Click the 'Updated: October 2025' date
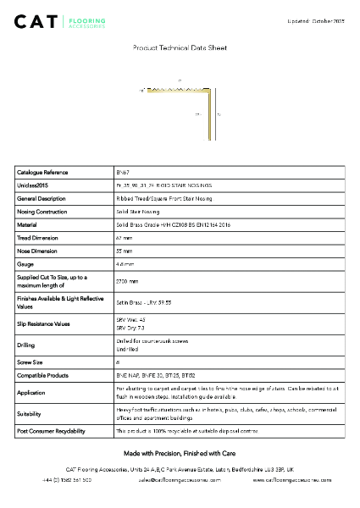tap(314, 19)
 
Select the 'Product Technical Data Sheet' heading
tap(179, 50)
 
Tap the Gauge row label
tap(25, 265)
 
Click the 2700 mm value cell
tap(127, 281)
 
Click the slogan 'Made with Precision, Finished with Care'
tap(180, 454)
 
